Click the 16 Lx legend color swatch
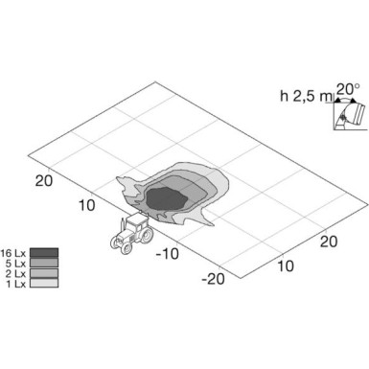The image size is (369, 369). tap(45, 253)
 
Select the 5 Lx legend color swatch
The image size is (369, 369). tap(45, 263)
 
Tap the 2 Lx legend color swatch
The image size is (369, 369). tap(45, 272)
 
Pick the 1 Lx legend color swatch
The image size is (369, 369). tap(45, 282)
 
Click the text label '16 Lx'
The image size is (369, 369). tap(15, 253)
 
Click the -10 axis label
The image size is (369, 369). tap(168, 253)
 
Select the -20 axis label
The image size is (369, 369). tap(213, 279)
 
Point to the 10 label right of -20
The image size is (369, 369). tap(286, 265)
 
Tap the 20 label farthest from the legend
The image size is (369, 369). tap(328, 241)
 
